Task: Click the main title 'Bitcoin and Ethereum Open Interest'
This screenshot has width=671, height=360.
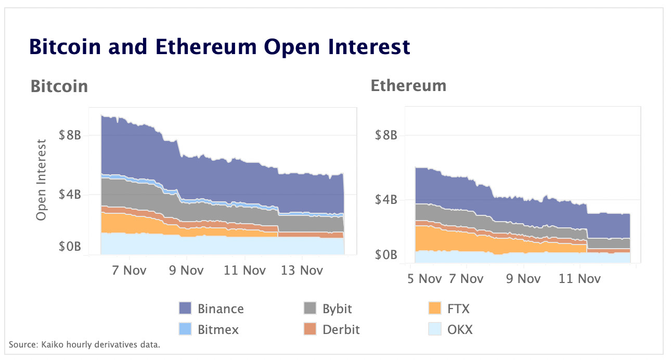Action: [x=220, y=47]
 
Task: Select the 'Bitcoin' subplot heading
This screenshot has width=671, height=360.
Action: [x=59, y=86]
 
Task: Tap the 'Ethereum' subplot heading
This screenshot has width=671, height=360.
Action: [x=408, y=85]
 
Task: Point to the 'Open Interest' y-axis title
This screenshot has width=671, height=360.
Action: [x=42, y=179]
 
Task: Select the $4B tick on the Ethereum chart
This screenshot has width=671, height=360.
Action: [x=386, y=200]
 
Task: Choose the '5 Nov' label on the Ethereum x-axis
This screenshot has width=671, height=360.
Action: [x=423, y=278]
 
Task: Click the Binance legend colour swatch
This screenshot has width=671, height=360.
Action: [x=185, y=308]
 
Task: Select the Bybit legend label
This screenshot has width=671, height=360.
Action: [x=337, y=308]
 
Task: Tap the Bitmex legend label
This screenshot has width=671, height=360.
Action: [x=217, y=329]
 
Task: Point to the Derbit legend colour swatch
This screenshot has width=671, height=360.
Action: [x=310, y=329]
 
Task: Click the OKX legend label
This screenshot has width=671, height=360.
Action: [x=460, y=329]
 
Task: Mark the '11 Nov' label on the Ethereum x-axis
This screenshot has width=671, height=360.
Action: [x=579, y=278]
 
